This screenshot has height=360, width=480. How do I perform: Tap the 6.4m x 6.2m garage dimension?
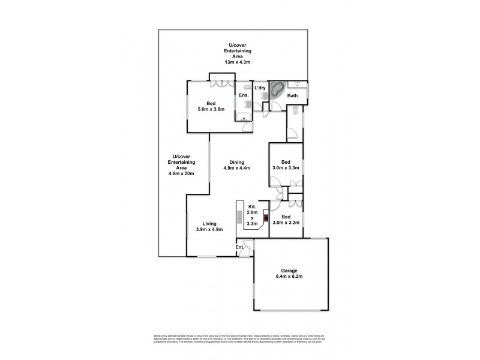290,277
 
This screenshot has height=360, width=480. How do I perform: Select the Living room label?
209,223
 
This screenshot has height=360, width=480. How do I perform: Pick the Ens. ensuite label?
244,95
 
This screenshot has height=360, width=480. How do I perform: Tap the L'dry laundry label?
260,88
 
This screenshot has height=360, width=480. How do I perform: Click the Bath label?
293,95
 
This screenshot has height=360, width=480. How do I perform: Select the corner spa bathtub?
277,91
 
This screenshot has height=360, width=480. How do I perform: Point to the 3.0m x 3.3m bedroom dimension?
286,169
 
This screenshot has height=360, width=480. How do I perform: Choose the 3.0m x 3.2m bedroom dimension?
286,223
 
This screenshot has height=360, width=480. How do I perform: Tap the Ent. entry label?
239,247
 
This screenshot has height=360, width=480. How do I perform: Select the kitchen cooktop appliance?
265,218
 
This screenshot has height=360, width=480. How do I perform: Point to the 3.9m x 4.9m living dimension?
209,230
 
